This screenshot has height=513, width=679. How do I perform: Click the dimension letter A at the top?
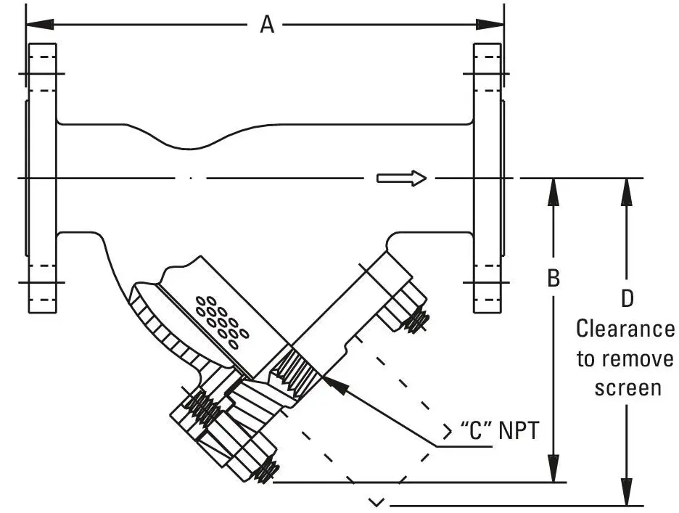(267, 25)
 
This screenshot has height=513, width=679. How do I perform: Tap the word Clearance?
(625, 329)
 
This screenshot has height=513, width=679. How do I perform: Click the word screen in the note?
(627, 387)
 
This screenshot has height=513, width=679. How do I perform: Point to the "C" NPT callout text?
(500, 430)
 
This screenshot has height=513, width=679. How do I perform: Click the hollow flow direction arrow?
(401, 178)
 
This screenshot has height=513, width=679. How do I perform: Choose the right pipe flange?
(487, 178)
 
